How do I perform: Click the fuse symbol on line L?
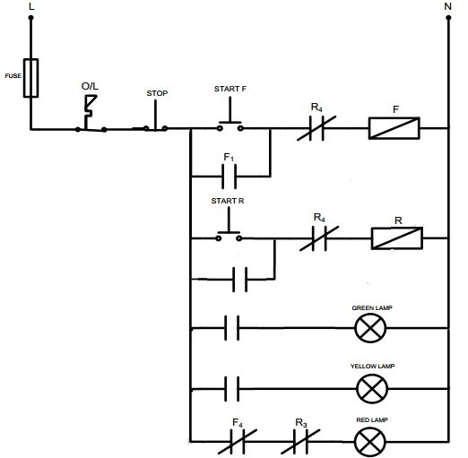31,78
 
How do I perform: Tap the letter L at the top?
32,6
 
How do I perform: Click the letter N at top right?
447,6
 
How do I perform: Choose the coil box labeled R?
397,238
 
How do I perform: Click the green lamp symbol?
369,330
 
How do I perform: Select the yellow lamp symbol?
369,388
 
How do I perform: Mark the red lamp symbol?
368,441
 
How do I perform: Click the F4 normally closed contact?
238,441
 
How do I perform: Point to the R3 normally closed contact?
302,441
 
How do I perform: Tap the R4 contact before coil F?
316,128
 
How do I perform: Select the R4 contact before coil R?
319,238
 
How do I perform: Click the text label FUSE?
13,76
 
